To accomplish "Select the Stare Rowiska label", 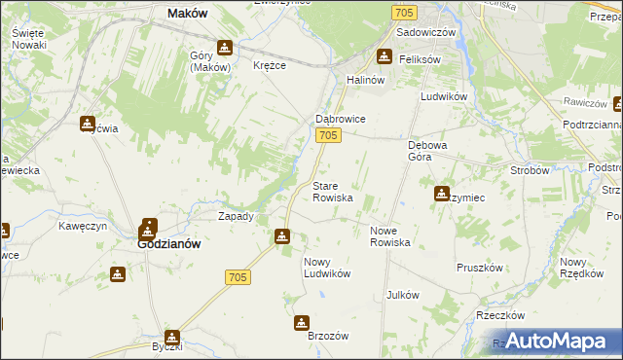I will point(332,191).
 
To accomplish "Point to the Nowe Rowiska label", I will point(390,236).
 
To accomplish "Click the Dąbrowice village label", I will point(339,119).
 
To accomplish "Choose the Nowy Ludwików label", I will point(326,268).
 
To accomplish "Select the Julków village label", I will point(402,295).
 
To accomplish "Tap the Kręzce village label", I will point(270,65).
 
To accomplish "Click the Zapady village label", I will point(237,216).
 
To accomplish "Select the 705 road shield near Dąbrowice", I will point(329,136).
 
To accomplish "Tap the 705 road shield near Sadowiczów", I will point(406,12).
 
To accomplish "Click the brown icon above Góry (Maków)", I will point(225,47).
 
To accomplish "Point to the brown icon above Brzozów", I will point(303,322).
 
